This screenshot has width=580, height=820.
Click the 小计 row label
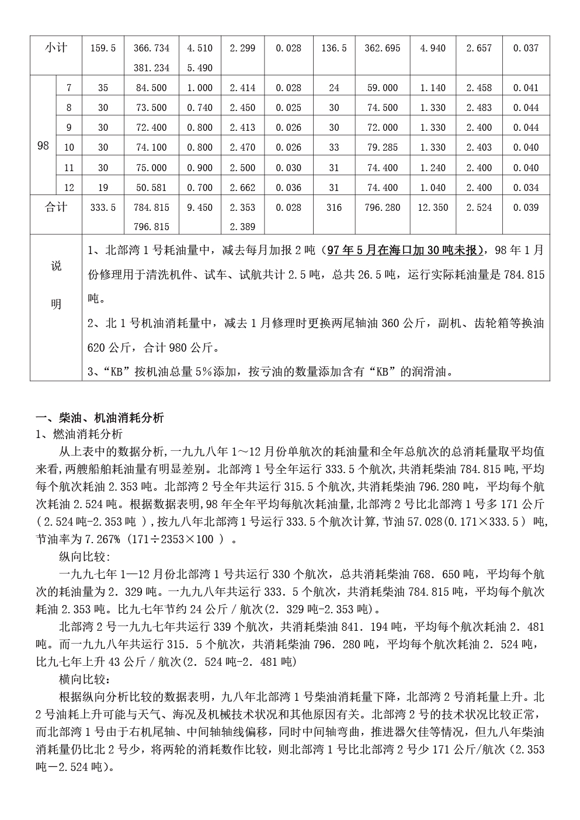(x=56, y=48)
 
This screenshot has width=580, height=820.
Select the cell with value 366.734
(x=151, y=48)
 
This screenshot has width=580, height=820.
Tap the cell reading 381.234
(x=151, y=68)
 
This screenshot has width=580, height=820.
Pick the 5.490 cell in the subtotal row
(x=200, y=68)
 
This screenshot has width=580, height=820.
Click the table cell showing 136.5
(x=334, y=48)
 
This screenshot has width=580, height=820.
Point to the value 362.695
(x=383, y=48)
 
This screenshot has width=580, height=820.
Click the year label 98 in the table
(x=43, y=146)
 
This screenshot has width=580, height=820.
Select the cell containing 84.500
(x=151, y=88)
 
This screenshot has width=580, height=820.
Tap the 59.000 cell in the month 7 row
(x=383, y=88)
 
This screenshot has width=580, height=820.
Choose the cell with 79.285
(x=383, y=148)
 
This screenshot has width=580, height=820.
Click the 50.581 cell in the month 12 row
(x=151, y=187)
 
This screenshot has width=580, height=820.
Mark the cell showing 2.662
(x=242, y=187)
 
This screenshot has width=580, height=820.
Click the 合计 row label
(x=56, y=207)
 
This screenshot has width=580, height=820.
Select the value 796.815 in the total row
(x=151, y=227)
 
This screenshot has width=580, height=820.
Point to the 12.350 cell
(x=433, y=207)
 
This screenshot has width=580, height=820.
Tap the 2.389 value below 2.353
(x=242, y=227)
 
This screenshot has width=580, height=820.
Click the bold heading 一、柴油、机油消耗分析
(x=100, y=418)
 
